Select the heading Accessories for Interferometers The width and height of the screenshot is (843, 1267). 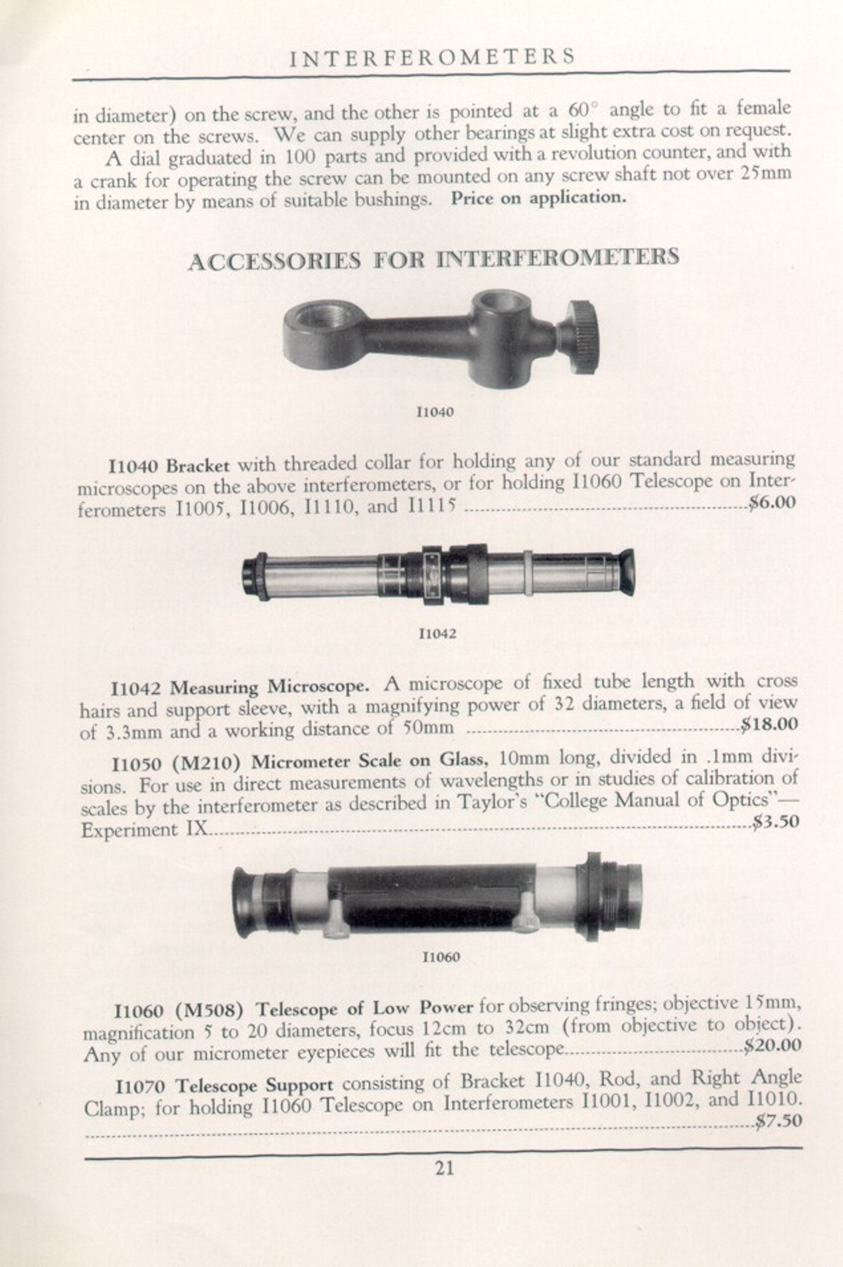tap(433, 259)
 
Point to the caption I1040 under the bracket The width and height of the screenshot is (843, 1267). tap(435, 412)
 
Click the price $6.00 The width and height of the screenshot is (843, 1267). tap(771, 502)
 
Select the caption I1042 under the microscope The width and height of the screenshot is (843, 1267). tap(437, 633)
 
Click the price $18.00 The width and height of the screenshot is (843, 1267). tap(769, 724)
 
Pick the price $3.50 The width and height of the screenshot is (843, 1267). tap(775, 823)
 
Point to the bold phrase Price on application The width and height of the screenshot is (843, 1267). tap(538, 198)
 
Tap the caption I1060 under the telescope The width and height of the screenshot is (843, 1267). tap(441, 957)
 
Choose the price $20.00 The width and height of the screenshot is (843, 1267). tap(772, 1046)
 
